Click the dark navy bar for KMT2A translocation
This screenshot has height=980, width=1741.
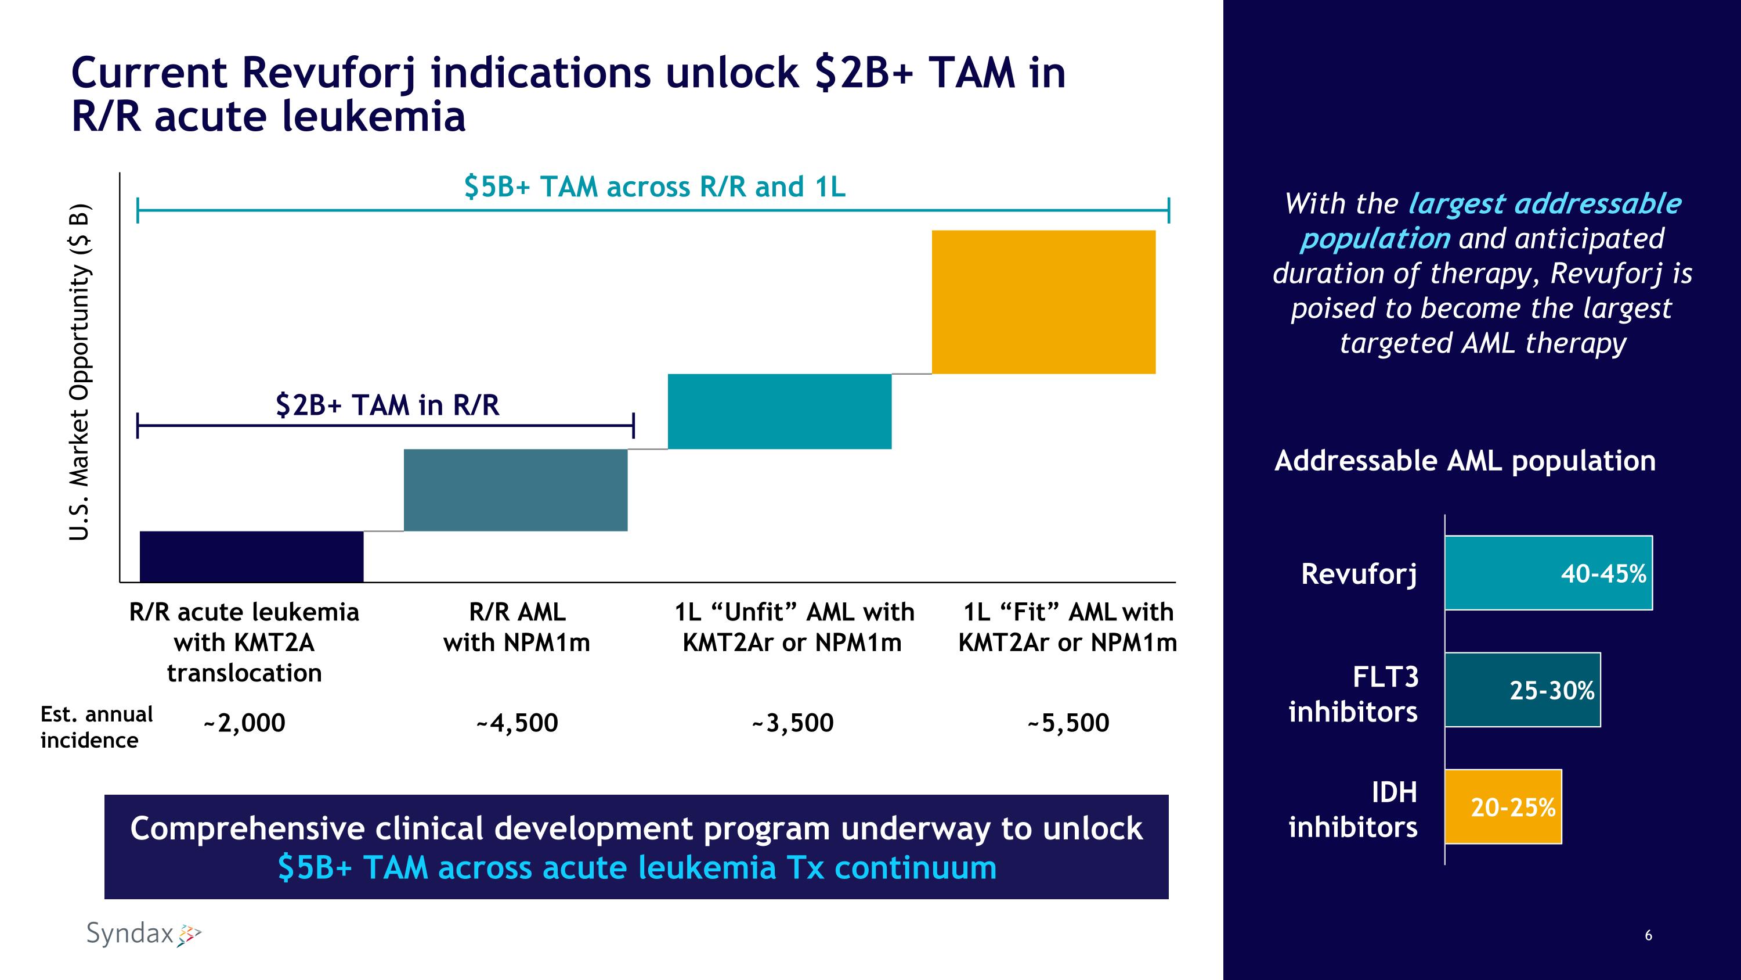tap(251, 556)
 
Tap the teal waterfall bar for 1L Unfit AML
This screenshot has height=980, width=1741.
tap(779, 411)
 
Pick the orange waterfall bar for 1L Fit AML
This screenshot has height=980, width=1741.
tap(1043, 301)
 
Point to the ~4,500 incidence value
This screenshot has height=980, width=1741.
tap(517, 723)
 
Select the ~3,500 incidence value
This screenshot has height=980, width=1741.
tap(792, 723)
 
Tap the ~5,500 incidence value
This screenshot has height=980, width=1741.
tap(1068, 723)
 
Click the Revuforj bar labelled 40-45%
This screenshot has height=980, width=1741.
tap(1548, 573)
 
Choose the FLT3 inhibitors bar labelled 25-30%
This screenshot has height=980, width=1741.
tap(1522, 690)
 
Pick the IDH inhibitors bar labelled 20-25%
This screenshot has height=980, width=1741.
tap(1502, 806)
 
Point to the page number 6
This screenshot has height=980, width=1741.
tap(1648, 935)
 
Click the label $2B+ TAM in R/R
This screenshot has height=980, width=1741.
tap(387, 405)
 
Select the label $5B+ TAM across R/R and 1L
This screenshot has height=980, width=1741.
tap(654, 186)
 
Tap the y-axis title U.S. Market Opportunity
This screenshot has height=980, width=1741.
tap(80, 371)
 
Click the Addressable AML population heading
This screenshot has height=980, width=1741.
tap(1465, 461)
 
